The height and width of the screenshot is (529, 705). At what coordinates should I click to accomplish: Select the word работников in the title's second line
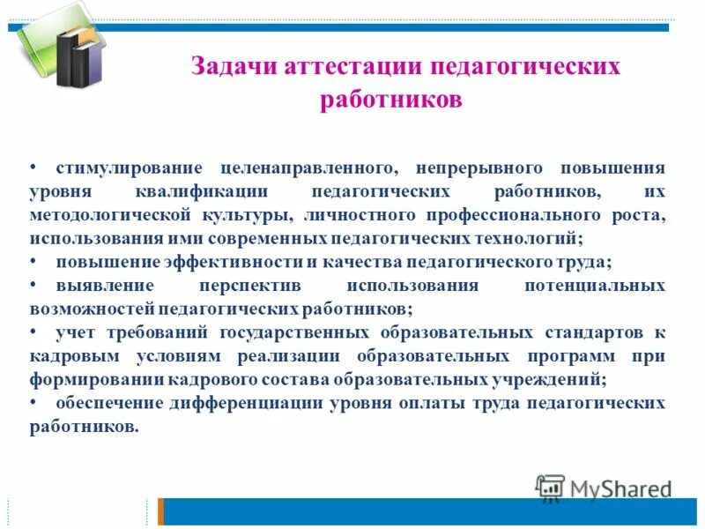pyautogui.click(x=390, y=101)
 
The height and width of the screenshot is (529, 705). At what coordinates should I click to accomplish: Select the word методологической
pyautogui.click(x=111, y=214)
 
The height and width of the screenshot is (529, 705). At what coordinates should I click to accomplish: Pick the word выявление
pyautogui.click(x=105, y=286)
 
